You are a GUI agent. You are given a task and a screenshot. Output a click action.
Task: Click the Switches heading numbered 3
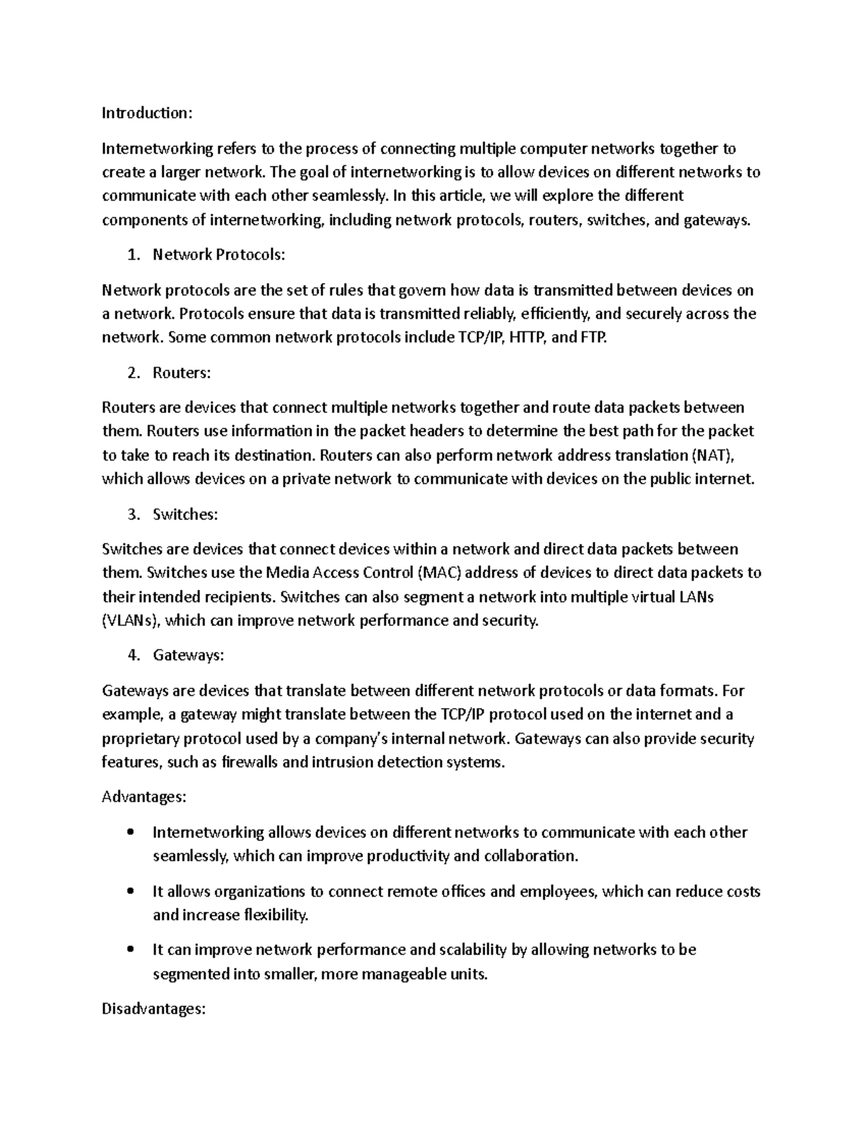[x=185, y=515]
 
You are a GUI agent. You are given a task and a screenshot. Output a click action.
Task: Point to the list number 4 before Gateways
[x=132, y=655]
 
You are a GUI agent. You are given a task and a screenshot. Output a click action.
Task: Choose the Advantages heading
[x=144, y=798]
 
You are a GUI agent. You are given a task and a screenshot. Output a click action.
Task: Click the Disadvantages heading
[x=154, y=1010]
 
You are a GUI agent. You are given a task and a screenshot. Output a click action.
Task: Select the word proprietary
[x=140, y=739]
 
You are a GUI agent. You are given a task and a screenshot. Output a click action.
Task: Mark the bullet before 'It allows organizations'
[x=130, y=891]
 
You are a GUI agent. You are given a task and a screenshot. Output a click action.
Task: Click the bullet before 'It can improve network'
[x=130, y=950]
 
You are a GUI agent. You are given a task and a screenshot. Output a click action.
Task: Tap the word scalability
[x=470, y=950]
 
